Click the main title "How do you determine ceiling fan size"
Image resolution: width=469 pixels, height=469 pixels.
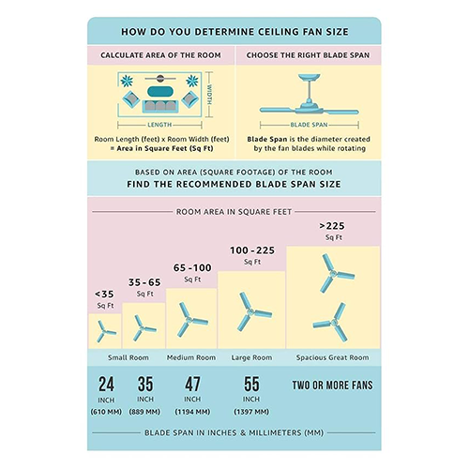[234, 32]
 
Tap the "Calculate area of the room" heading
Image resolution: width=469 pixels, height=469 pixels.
[160, 55]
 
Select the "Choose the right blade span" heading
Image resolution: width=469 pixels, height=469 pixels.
[308, 55]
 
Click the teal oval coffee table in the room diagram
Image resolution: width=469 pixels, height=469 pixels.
[160, 91]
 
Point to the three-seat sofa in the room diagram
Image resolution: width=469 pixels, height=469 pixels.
[160, 106]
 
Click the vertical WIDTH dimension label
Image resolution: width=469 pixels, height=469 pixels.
[209, 95]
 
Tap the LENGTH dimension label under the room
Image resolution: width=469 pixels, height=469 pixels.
[159, 125]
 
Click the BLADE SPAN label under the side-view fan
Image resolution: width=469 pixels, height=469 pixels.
[309, 125]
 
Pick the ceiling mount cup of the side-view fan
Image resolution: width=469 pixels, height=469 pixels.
[309, 77]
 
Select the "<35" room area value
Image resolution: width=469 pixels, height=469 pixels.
[104, 295]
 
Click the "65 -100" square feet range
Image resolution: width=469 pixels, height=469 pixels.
[192, 268]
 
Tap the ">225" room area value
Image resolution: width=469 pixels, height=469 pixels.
[332, 226]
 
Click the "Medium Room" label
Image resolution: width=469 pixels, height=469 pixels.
[191, 357]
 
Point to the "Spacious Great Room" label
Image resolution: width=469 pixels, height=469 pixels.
[333, 357]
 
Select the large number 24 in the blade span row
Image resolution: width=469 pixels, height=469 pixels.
[106, 385]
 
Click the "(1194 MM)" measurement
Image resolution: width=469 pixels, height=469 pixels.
[192, 412]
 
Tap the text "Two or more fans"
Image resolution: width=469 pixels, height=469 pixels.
[333, 386]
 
